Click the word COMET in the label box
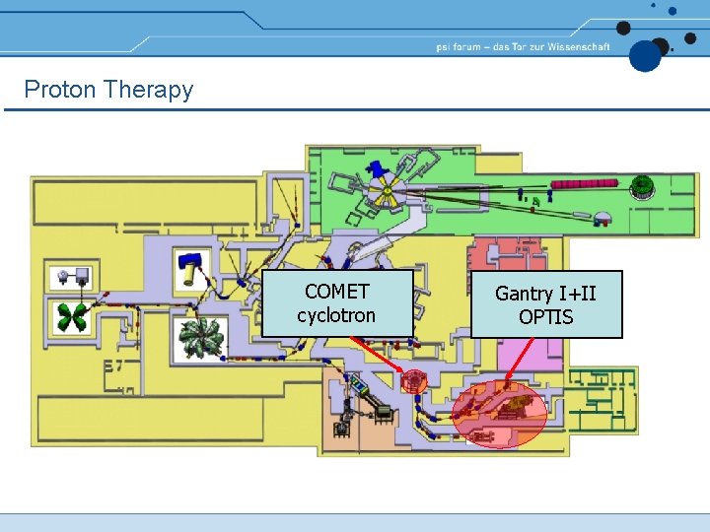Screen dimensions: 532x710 [x=337, y=292]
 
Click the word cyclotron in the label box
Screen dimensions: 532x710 [x=337, y=316]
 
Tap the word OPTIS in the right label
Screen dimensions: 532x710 [x=545, y=317]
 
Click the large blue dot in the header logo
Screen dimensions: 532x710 [x=645, y=55]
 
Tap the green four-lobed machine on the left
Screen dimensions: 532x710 [x=71, y=317]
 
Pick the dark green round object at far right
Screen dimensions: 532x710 [x=643, y=185]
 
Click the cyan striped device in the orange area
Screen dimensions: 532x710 [x=373, y=393]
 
